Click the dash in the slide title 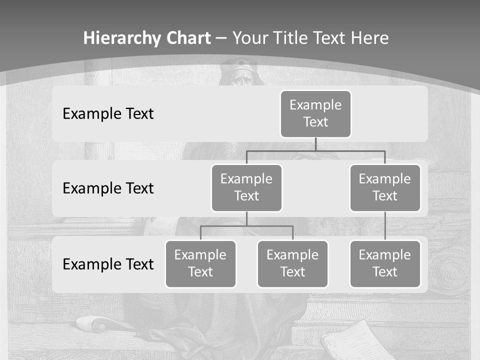pyautogui.click(x=221, y=38)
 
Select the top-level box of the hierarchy pyautogui.click(x=315, y=113)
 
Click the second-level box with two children pyautogui.click(x=246, y=187)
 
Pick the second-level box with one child pyautogui.click(x=385, y=187)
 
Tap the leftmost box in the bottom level pyautogui.click(x=200, y=263)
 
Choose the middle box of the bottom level pyautogui.click(x=292, y=263)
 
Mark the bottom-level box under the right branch pyautogui.click(x=385, y=263)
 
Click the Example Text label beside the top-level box pyautogui.click(x=108, y=113)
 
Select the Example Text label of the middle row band pyautogui.click(x=108, y=188)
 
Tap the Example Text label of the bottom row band pyautogui.click(x=108, y=264)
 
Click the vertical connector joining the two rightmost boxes pyautogui.click(x=385, y=226)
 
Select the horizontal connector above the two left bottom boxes pyautogui.click(x=246, y=226)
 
